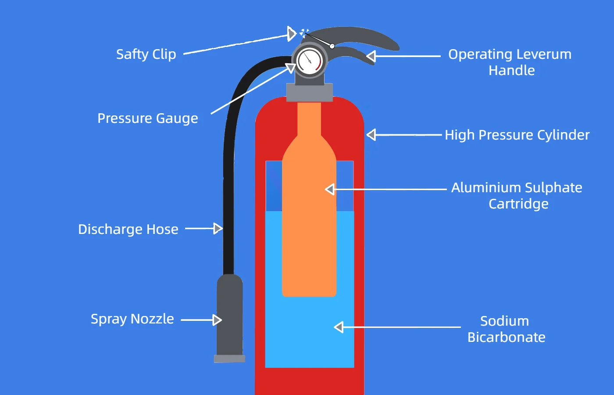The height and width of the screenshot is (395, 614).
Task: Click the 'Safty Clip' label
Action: [146, 54]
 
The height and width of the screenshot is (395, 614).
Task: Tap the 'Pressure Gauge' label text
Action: [148, 118]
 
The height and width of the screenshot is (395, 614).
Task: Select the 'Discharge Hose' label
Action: [128, 230]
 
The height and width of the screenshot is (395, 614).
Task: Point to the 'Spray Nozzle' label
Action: [132, 319]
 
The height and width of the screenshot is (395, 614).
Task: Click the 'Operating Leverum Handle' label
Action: [510, 62]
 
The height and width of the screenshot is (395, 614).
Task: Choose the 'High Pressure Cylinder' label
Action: [517, 135]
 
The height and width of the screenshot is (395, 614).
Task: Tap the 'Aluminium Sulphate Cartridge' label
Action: [517, 196]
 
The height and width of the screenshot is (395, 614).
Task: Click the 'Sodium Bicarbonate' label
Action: [506, 329]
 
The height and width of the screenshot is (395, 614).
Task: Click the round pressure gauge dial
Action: [310, 61]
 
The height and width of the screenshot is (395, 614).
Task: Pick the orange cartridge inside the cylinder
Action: [309, 219]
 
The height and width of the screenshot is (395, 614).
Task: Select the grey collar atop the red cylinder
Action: [310, 92]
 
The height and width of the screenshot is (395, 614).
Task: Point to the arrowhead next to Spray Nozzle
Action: [217, 320]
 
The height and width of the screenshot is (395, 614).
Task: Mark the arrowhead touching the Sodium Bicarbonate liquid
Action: [339, 327]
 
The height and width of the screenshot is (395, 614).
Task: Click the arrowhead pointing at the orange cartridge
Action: [330, 189]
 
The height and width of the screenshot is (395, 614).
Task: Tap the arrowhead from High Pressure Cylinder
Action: [371, 135]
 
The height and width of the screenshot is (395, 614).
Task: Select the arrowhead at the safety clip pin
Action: [292, 33]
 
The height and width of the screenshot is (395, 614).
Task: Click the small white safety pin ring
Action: [332, 46]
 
